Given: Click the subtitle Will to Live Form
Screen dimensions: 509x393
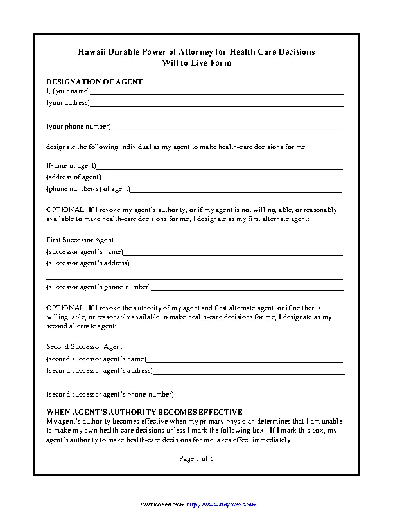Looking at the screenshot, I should pyautogui.click(x=197, y=63).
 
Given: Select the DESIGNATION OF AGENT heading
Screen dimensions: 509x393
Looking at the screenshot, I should pyautogui.click(x=94, y=82).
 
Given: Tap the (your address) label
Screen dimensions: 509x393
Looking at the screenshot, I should pyautogui.click(x=68, y=103).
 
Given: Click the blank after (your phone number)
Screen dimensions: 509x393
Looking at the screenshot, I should pyautogui.click(x=226, y=127).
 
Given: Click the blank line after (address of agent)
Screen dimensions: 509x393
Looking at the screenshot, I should pyautogui.click(x=222, y=178).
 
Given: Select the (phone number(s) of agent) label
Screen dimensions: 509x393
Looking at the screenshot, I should pyautogui.click(x=88, y=189).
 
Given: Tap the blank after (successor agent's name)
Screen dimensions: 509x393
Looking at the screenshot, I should pyautogui.click(x=232, y=253).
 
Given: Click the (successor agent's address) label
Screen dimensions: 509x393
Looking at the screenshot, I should pyautogui.click(x=88, y=263).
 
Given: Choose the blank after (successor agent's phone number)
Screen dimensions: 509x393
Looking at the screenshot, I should pyautogui.click(x=247, y=287).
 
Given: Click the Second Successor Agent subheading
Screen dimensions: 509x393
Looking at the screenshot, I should pyautogui.click(x=85, y=347).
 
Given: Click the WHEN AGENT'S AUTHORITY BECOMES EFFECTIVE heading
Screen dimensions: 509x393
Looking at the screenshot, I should pyautogui.click(x=144, y=412).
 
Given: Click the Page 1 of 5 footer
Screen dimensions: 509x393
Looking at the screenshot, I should pyautogui.click(x=196, y=458).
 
